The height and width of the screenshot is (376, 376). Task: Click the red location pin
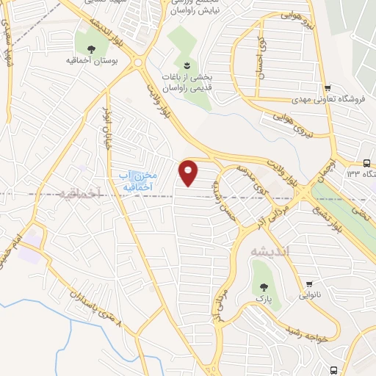tap(189, 173)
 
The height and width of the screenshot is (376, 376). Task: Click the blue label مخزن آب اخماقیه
tap(137, 180)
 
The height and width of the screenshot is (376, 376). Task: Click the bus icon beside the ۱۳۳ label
tap(366, 164)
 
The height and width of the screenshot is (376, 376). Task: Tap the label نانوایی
tap(310, 295)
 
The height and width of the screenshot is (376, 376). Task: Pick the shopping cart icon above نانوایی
tap(310, 283)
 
